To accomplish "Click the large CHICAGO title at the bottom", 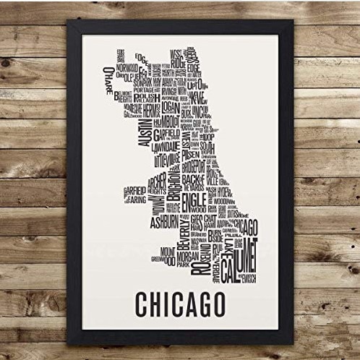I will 179,304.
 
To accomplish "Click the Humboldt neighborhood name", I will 171,121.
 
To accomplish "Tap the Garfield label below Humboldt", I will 171,132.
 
